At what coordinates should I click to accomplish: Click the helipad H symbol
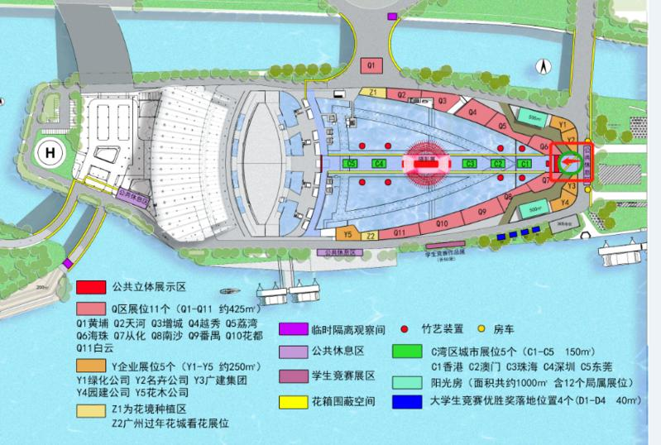[51, 153]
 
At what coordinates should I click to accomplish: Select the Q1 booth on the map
[372, 64]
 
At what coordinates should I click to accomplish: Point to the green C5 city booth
[351, 164]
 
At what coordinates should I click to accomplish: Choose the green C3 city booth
[470, 164]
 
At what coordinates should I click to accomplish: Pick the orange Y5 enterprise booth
[348, 235]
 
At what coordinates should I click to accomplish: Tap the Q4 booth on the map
[473, 111]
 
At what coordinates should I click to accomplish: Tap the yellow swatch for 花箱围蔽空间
[292, 401]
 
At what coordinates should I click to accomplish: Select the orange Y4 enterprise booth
[567, 201]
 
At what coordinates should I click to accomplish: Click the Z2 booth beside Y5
[371, 236]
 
